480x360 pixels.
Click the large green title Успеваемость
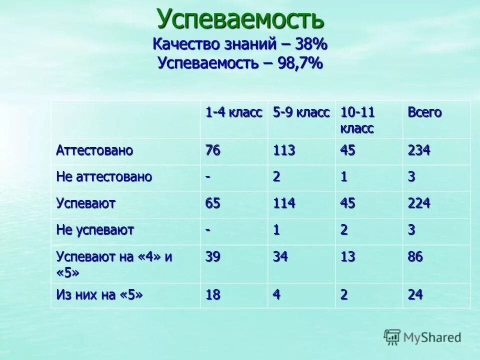(x=240, y=19)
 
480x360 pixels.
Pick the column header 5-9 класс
(x=301, y=112)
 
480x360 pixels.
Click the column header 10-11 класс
(x=358, y=120)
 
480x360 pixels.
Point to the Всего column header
(x=424, y=112)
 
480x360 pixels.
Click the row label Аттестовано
(x=94, y=151)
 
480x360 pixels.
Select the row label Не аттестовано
(x=104, y=177)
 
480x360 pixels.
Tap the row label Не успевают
(x=95, y=230)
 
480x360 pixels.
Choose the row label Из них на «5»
(x=99, y=295)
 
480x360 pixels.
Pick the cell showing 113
(x=284, y=151)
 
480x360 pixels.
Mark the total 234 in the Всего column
(x=419, y=151)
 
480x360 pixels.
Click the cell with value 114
(x=284, y=204)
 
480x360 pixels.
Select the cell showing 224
(x=419, y=204)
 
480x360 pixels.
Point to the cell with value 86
(x=415, y=257)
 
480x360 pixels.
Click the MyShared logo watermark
(x=422, y=337)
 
